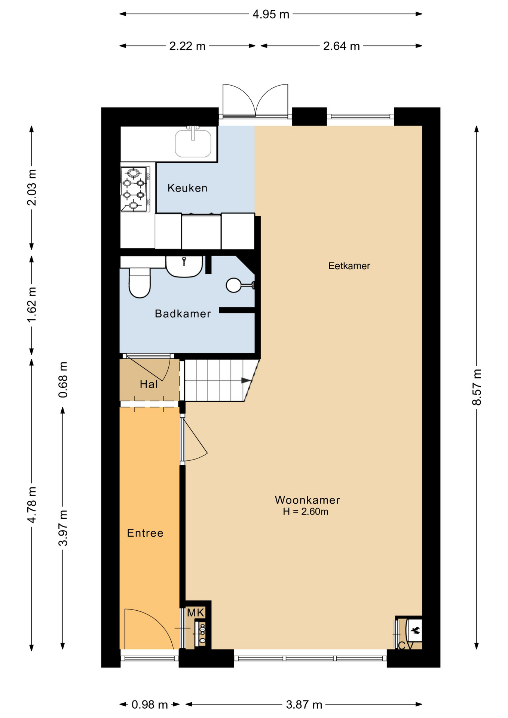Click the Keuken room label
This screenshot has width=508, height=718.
(x=187, y=188)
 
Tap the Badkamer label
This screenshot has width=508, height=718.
(x=183, y=313)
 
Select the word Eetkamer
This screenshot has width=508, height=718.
(x=349, y=266)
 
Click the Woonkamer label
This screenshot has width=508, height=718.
(x=307, y=500)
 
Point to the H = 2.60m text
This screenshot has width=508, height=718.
(x=305, y=512)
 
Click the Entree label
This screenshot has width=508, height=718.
(x=145, y=533)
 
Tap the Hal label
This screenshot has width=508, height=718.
(x=149, y=384)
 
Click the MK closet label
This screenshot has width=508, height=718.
(x=195, y=613)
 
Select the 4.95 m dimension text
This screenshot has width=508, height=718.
(x=271, y=14)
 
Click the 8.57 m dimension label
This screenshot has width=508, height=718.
(x=477, y=387)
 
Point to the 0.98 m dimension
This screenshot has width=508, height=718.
(x=150, y=705)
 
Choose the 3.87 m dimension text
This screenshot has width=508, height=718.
(x=304, y=705)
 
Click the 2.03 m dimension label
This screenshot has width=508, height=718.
(x=32, y=187)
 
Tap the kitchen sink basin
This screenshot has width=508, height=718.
(x=193, y=144)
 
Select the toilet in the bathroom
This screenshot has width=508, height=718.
(x=140, y=284)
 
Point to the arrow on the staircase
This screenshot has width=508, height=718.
(x=246, y=380)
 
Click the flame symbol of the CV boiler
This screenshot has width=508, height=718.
(x=415, y=631)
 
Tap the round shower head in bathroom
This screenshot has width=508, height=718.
(x=233, y=285)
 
